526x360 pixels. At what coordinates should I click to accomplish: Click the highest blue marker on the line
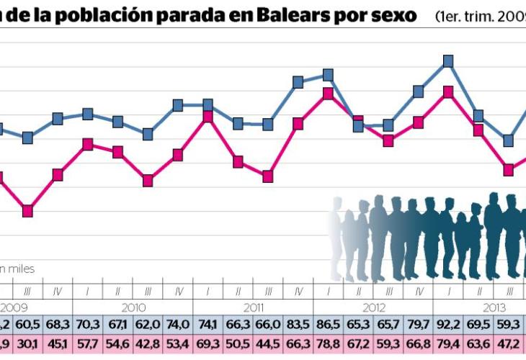coord(448,61)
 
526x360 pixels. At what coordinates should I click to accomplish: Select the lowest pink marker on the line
coord(27,211)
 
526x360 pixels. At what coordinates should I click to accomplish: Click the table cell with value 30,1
coord(27,344)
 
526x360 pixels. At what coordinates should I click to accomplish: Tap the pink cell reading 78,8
coord(328,344)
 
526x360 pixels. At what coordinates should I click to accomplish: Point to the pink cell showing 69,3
coord(208,344)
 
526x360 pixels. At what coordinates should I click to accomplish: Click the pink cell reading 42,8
coord(148,344)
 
